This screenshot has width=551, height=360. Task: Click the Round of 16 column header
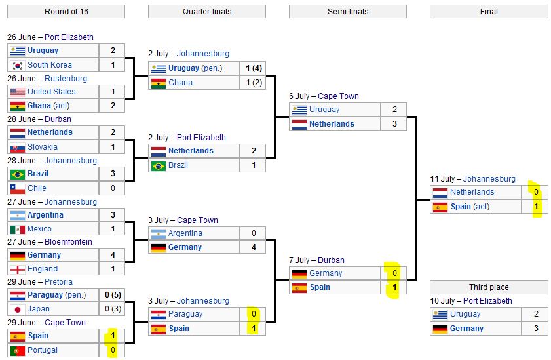[66, 12]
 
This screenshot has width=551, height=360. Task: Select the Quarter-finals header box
[207, 12]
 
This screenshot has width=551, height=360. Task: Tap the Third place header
[489, 287]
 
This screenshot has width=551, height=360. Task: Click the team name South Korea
[50, 65]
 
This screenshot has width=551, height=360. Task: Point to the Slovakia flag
[18, 148]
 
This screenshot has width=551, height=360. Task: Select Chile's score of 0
[113, 188]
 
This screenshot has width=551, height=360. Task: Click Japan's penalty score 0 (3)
[113, 309]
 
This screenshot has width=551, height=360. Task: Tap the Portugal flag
[18, 351]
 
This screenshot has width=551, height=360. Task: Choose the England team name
[43, 269]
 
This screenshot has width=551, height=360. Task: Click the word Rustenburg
[66, 79]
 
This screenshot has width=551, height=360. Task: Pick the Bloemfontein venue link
[68, 242]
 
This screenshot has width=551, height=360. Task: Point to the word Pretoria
[58, 282]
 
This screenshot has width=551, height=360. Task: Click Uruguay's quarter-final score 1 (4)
[254, 68]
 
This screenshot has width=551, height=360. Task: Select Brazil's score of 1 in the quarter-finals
[254, 165]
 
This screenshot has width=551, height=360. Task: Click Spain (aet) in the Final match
[470, 207]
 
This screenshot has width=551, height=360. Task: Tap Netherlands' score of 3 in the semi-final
[394, 124]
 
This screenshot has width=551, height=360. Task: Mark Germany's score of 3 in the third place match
[536, 329]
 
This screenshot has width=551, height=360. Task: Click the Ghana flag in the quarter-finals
[159, 83]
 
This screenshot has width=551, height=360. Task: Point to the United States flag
[18, 92]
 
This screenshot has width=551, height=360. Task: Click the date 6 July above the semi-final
[299, 96]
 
